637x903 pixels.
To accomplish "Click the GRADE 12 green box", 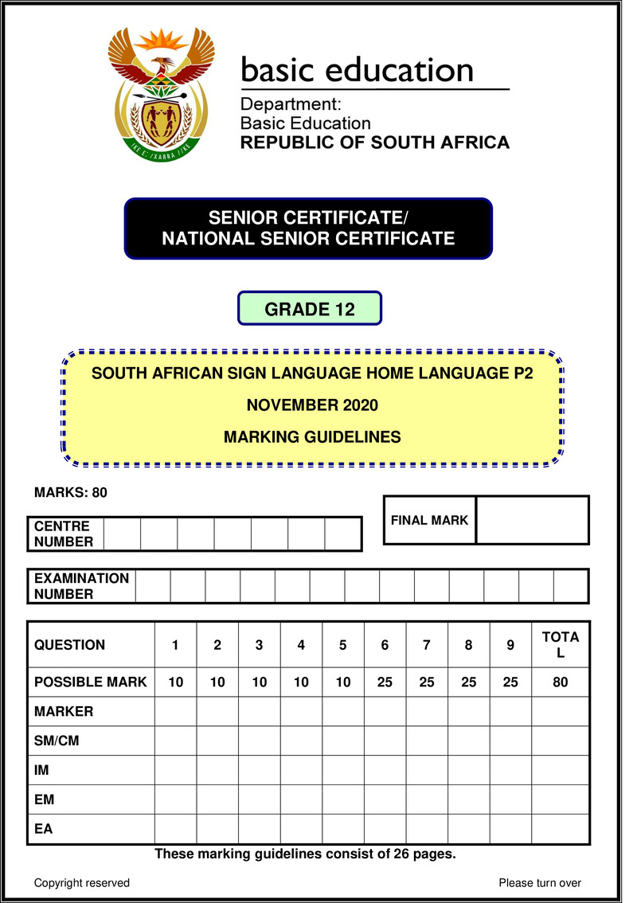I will tap(310, 309).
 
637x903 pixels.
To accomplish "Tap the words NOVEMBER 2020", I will tap(312, 405).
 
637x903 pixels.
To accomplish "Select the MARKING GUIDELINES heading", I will tap(312, 436).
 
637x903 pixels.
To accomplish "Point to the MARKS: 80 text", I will tap(70, 492).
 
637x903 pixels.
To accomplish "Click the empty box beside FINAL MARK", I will tap(532, 520).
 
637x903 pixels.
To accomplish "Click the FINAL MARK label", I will tap(429, 520).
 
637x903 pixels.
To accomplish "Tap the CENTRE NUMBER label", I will tap(63, 534).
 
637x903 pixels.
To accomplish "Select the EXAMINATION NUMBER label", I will tap(81, 586).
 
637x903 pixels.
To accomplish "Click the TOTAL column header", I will tap(561, 645).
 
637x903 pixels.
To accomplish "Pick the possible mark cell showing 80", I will tap(561, 682).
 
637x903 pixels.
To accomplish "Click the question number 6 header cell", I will tap(385, 645).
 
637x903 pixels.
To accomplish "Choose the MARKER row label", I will tap(64, 711).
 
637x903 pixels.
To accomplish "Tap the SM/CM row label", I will tap(57, 741).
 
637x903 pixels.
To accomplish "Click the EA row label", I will tap(44, 829).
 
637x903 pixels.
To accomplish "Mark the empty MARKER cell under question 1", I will tap(175, 711).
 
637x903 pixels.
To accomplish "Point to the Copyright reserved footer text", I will tap(82, 882).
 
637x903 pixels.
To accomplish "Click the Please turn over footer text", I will tap(540, 882).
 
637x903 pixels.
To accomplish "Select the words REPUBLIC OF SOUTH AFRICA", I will tap(375, 143).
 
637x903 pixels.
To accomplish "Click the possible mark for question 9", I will tap(510, 682).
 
